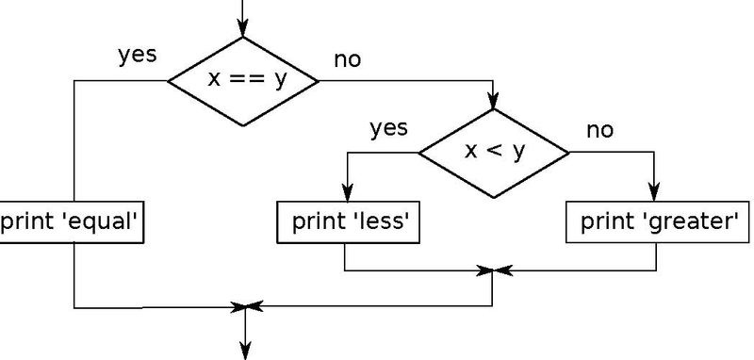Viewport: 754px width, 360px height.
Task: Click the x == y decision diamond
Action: [243, 80]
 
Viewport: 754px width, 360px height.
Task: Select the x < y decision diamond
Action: [494, 151]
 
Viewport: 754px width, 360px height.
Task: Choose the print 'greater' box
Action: [658, 222]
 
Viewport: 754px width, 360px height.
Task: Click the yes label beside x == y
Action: [137, 55]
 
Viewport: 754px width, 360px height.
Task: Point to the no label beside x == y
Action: [347, 60]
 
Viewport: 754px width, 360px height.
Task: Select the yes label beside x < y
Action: [388, 127]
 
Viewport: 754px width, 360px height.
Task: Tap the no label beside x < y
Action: [599, 129]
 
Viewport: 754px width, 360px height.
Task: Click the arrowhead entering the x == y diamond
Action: [244, 29]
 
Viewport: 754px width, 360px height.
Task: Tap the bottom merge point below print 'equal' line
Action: [245, 306]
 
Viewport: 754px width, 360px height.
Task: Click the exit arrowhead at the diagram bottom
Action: [245, 352]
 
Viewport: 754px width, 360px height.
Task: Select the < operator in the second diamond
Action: [494, 151]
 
